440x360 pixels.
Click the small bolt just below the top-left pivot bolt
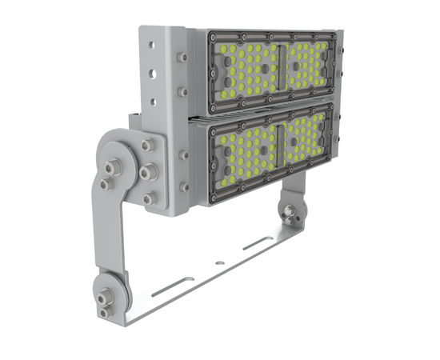pyautogui.click(x=104, y=185)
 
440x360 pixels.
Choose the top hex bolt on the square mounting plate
pyautogui.click(x=147, y=146)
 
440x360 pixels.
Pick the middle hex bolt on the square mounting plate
pyautogui.click(x=146, y=172)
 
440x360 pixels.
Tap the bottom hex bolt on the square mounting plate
pyautogui.click(x=147, y=198)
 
